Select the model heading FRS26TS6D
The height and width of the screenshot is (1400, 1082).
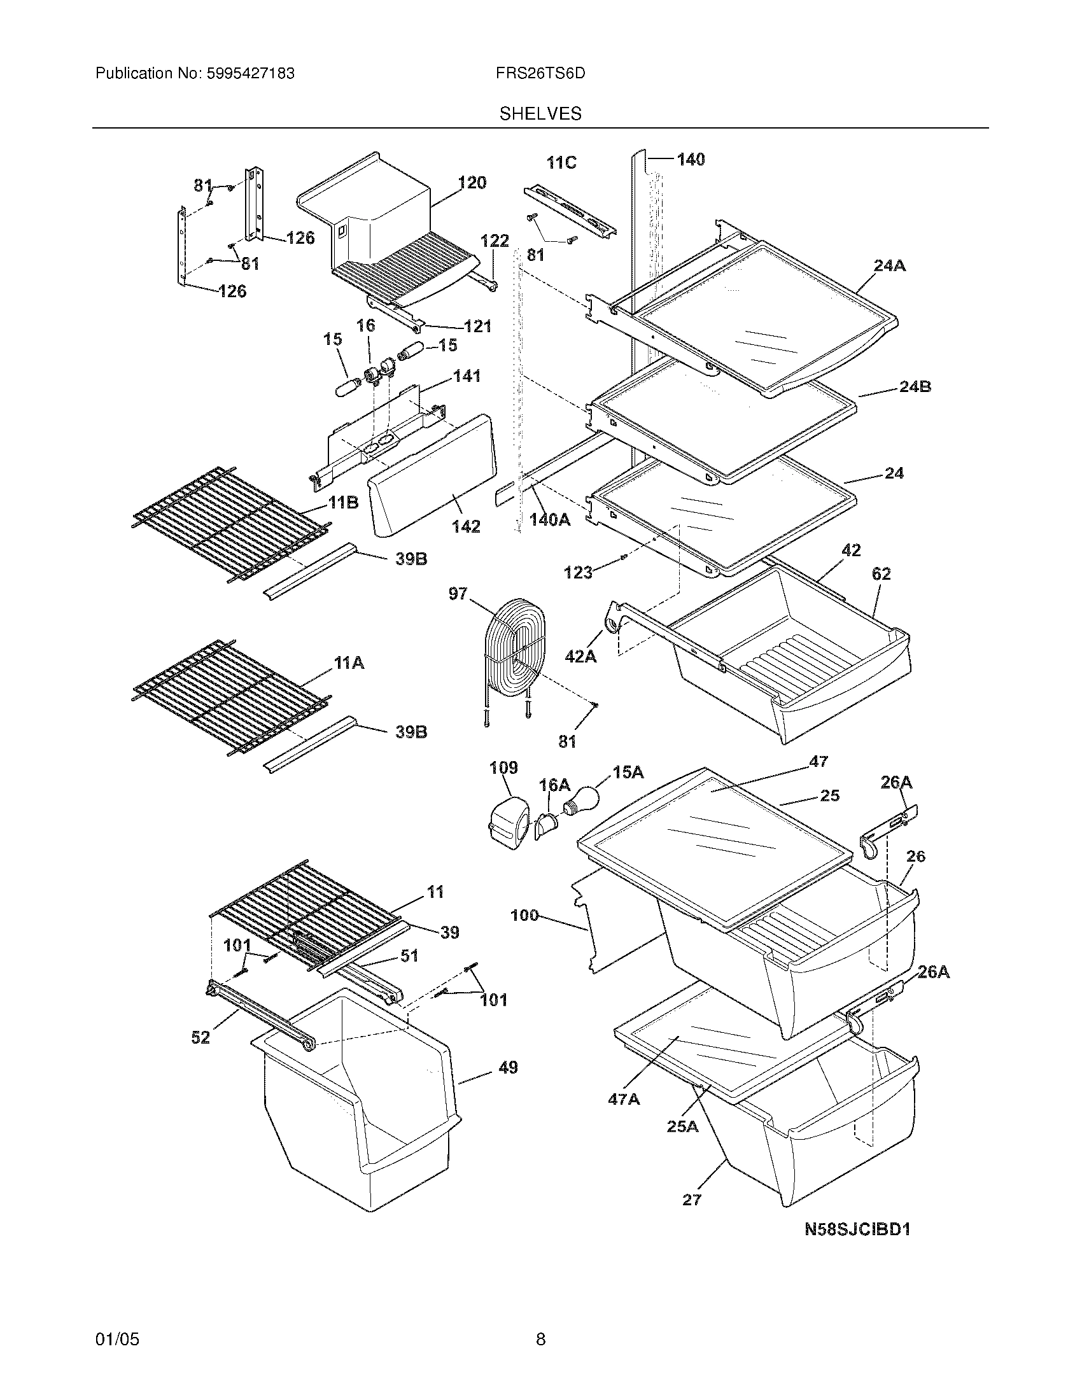click(540, 74)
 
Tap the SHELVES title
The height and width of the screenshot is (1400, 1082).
click(540, 114)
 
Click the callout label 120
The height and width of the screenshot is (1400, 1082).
click(472, 183)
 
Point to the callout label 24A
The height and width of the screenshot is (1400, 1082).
click(889, 265)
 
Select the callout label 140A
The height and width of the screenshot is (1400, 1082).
click(549, 520)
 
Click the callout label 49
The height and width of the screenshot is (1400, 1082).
click(508, 1068)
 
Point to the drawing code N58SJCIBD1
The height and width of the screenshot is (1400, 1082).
click(858, 1229)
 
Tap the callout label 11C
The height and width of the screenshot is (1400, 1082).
click(561, 163)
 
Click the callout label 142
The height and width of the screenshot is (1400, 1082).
click(465, 526)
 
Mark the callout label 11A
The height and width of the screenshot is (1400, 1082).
click(349, 663)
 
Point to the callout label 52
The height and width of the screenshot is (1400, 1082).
click(200, 1037)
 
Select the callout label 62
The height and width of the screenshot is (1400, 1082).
click(881, 574)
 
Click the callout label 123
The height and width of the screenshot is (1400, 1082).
click(577, 573)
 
